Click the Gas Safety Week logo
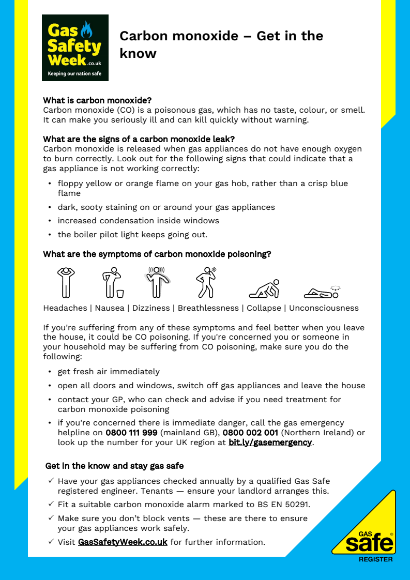coord(75,48)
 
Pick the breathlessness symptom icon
coord(206,282)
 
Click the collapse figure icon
coord(264,289)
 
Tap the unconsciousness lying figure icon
coord(321,292)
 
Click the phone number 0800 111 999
coord(131,433)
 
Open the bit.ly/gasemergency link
coord(270,442)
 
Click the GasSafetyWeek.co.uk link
coord(123,542)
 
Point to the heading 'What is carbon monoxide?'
coord(97,100)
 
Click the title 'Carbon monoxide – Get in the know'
coord(221,44)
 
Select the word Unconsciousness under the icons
coord(324,308)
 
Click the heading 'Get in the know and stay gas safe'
coord(115,466)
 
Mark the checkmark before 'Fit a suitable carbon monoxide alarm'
coord(51,504)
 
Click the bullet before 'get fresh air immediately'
coord(50,372)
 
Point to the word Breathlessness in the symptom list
coord(208,308)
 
